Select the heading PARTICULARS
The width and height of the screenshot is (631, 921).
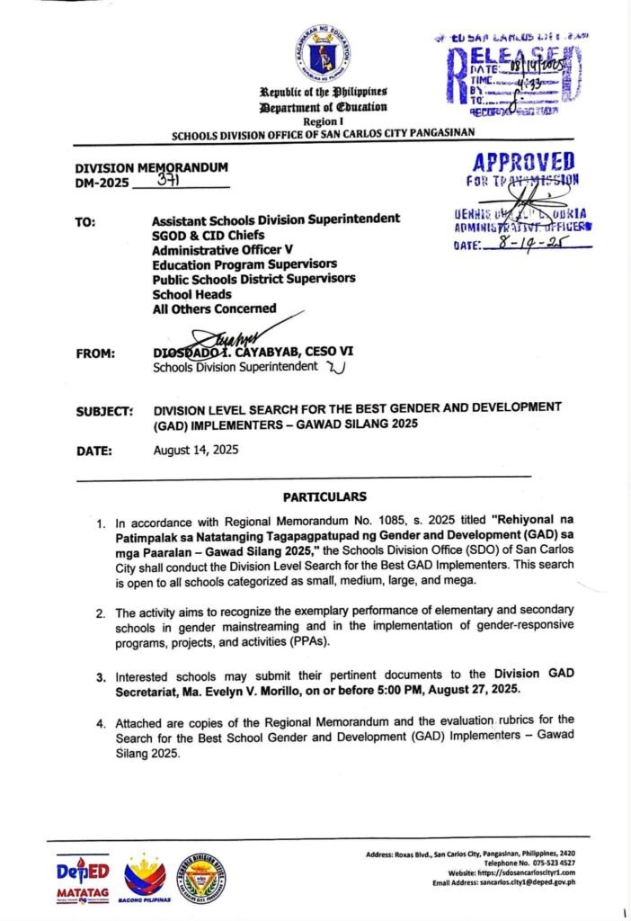324,496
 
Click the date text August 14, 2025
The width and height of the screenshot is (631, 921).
197,450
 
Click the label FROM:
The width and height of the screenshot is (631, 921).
95,353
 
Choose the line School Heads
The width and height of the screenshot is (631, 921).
191,293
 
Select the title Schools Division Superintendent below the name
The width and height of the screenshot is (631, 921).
236,367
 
